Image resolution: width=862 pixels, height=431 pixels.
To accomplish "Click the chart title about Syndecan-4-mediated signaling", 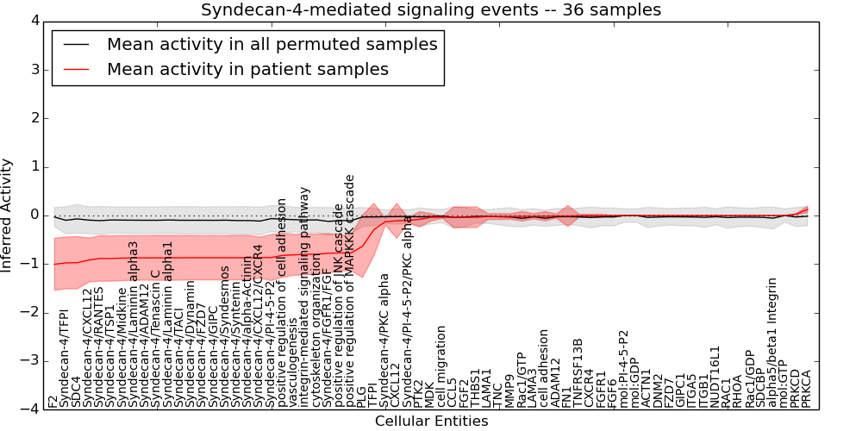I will pos(431,10).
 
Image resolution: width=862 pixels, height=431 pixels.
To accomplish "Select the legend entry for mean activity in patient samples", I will pos(247,69).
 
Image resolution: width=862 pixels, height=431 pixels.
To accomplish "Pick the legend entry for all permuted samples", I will pos(272,44).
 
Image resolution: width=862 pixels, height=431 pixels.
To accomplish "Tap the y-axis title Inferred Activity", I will pos(8,215).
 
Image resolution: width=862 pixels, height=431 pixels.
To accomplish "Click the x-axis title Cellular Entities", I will pos(431,422).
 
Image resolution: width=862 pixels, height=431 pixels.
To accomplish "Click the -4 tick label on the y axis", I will pos(29,409).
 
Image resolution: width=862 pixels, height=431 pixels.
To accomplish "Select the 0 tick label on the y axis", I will pos(33,215).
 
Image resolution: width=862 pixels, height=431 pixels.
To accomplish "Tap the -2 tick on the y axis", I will pos(29,312).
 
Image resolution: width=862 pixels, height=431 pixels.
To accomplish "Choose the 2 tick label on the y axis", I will pos(33,118).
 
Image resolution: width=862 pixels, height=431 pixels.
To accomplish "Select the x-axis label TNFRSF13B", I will pos(578,372).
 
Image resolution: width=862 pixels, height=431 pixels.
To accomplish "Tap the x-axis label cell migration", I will pos(442,366).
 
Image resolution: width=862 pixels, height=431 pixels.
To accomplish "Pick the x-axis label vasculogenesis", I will pos(293,371).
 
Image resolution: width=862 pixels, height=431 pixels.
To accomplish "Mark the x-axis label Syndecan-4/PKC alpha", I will pos(385,340).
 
